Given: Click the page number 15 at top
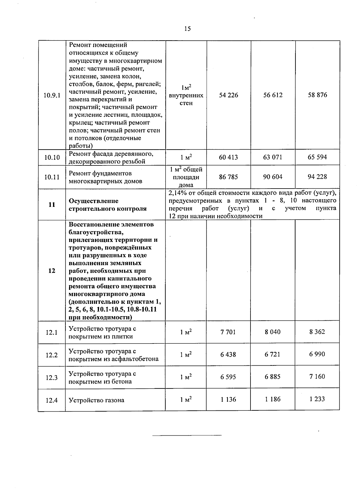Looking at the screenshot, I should click(x=187, y=29).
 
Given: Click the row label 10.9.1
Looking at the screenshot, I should click(x=52, y=95).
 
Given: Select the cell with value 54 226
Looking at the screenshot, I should click(x=229, y=95).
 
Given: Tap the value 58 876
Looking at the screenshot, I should click(x=317, y=95).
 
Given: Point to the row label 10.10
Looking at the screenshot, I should click(x=52, y=157).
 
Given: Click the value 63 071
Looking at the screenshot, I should click(x=273, y=157).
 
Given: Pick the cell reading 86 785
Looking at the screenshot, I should click(x=228, y=177).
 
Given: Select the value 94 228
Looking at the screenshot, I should click(x=317, y=177).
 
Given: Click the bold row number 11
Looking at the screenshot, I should click(x=52, y=205).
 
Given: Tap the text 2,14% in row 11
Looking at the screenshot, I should click(x=177, y=193).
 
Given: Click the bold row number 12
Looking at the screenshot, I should click(x=52, y=271).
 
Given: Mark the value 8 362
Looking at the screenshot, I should click(x=317, y=332).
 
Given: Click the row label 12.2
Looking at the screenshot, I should click(x=52, y=355).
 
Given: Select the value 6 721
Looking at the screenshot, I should click(x=272, y=354).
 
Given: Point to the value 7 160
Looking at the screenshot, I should click(x=317, y=377).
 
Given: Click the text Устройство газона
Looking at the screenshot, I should click(x=96, y=400).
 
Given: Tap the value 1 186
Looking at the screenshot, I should click(x=272, y=399).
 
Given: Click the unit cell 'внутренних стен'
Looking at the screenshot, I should click(x=186, y=99).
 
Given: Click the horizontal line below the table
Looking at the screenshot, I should click(x=187, y=435).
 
